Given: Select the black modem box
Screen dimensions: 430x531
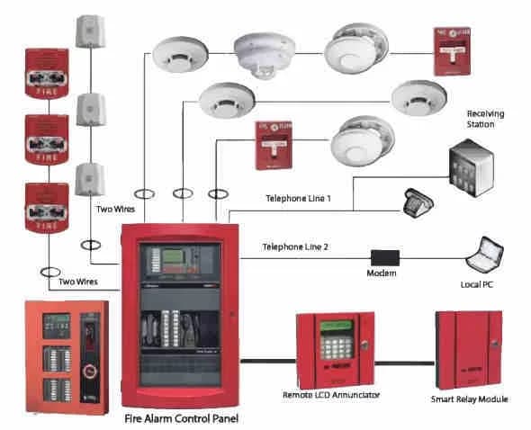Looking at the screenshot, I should coord(382,256).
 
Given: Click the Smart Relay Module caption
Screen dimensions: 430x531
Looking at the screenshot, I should coord(468,398).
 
